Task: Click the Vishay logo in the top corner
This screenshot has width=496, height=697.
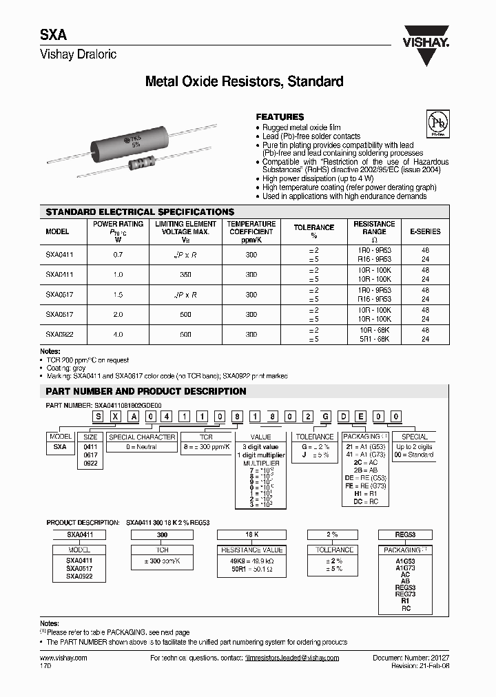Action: tap(426, 34)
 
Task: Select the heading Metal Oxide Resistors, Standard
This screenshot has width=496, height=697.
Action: tap(244, 82)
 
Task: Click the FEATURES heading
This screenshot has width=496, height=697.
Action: tap(280, 117)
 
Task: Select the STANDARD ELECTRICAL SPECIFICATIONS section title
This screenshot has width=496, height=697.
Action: tap(140, 212)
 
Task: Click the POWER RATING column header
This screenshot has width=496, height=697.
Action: tap(118, 224)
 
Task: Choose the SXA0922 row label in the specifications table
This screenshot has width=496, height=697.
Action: tap(60, 334)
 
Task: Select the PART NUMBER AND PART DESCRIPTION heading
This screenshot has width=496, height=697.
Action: tap(145, 391)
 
